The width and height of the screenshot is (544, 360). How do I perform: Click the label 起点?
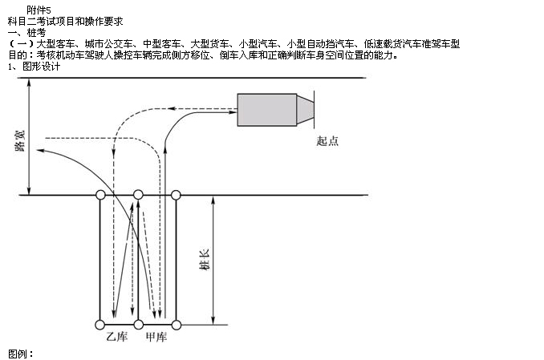pyautogui.click(x=327, y=141)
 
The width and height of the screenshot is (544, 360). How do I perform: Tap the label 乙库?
pyautogui.click(x=117, y=337)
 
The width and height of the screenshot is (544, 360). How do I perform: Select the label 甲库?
pyautogui.click(x=156, y=337)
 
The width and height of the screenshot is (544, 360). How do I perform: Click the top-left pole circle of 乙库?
pyautogui.click(x=99, y=195)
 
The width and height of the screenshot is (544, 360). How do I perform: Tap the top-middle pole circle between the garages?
pyautogui.click(x=138, y=195)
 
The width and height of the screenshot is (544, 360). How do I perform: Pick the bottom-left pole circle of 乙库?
pyautogui.click(x=99, y=325)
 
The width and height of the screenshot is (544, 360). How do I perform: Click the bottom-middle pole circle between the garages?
pyautogui.click(x=138, y=325)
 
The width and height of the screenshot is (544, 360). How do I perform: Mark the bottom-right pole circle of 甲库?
pyautogui.click(x=177, y=325)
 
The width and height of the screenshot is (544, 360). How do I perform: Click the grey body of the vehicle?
pyautogui.click(x=266, y=110)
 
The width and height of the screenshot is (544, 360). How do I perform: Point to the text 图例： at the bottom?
pyautogui.click(x=20, y=354)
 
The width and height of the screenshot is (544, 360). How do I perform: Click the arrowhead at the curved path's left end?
pyautogui.click(x=40, y=150)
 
